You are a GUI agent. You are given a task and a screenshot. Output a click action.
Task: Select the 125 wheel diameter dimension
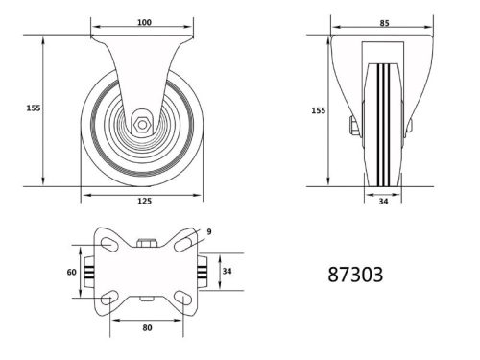(143, 202)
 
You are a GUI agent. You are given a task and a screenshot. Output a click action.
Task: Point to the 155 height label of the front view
(31, 108)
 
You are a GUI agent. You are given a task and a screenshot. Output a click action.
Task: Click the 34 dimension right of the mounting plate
(227, 273)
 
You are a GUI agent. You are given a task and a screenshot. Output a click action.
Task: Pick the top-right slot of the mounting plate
(180, 247)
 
